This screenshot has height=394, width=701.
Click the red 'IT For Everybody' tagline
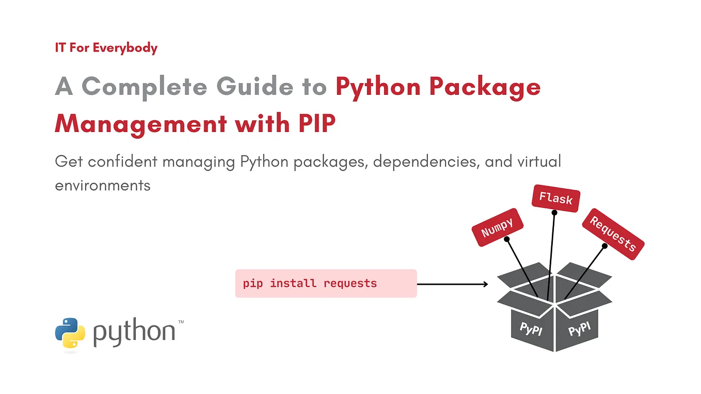(106, 48)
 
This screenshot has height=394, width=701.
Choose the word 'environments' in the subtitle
(103, 185)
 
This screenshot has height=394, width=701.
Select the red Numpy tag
(498, 227)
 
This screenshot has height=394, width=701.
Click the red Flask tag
(556, 198)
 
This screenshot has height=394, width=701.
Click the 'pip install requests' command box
(326, 284)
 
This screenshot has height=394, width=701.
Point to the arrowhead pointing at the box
(485, 284)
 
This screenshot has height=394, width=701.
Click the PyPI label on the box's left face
(531, 329)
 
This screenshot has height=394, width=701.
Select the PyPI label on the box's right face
(579, 329)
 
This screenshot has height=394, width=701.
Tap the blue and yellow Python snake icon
(70, 334)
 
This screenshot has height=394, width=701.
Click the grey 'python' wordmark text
(134, 333)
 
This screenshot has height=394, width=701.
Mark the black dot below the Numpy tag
(506, 239)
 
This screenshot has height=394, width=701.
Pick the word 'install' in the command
(293, 284)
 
